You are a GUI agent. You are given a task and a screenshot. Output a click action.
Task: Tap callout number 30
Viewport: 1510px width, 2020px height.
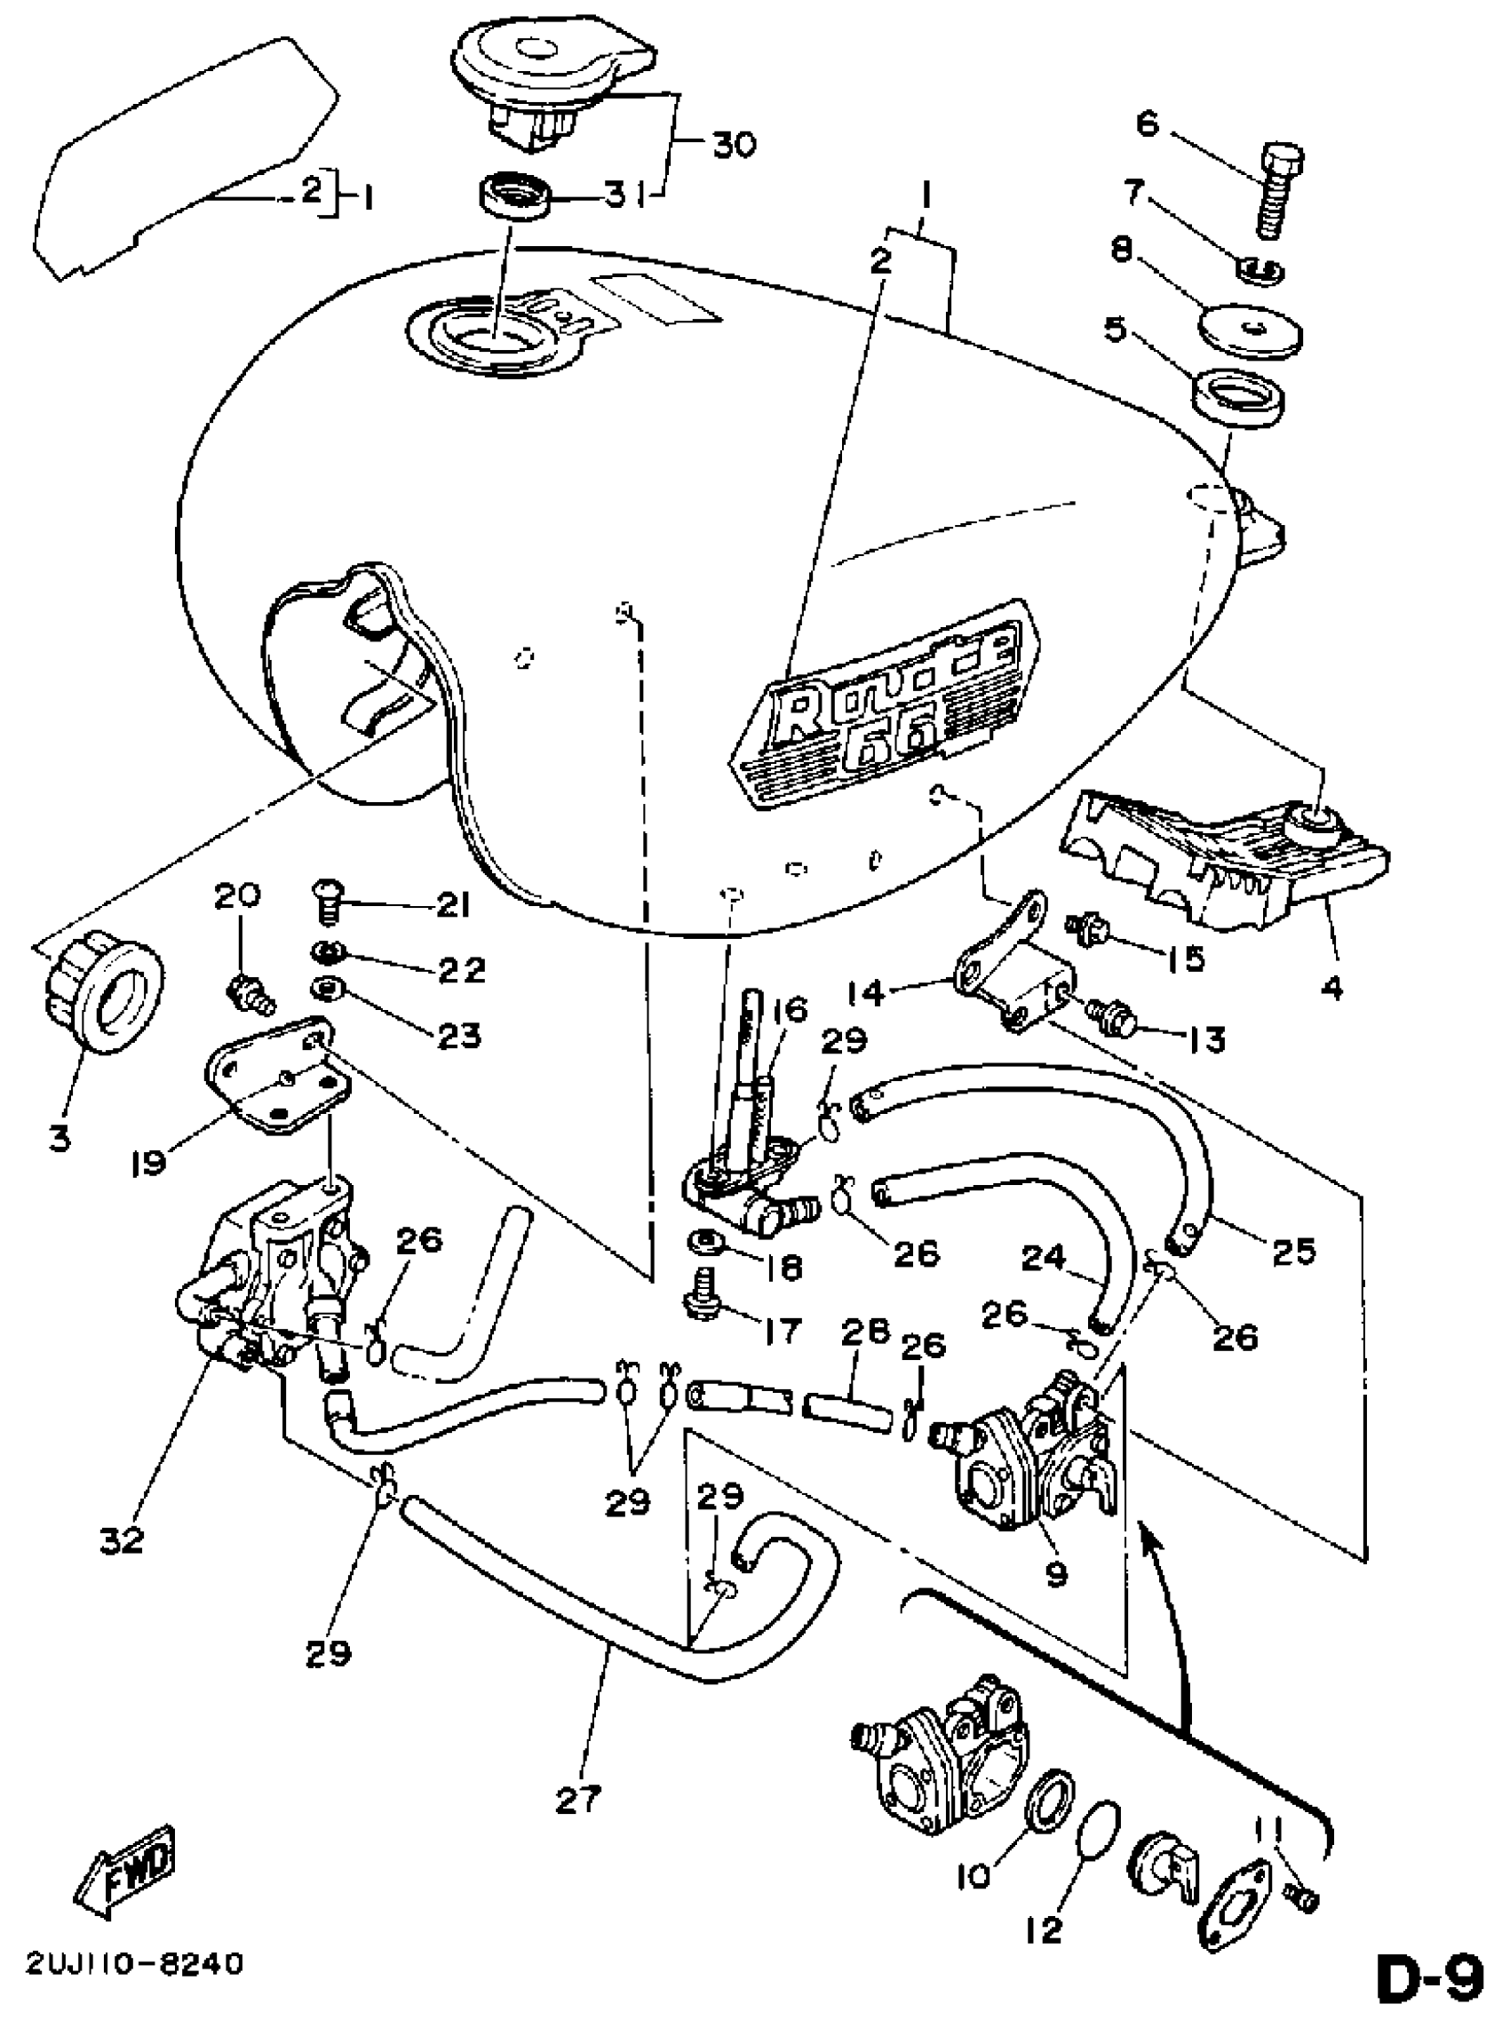tap(733, 143)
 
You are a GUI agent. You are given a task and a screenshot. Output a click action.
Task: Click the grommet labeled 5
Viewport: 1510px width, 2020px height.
tap(1240, 394)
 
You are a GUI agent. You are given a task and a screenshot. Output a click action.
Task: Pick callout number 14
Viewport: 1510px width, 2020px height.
tap(867, 992)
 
